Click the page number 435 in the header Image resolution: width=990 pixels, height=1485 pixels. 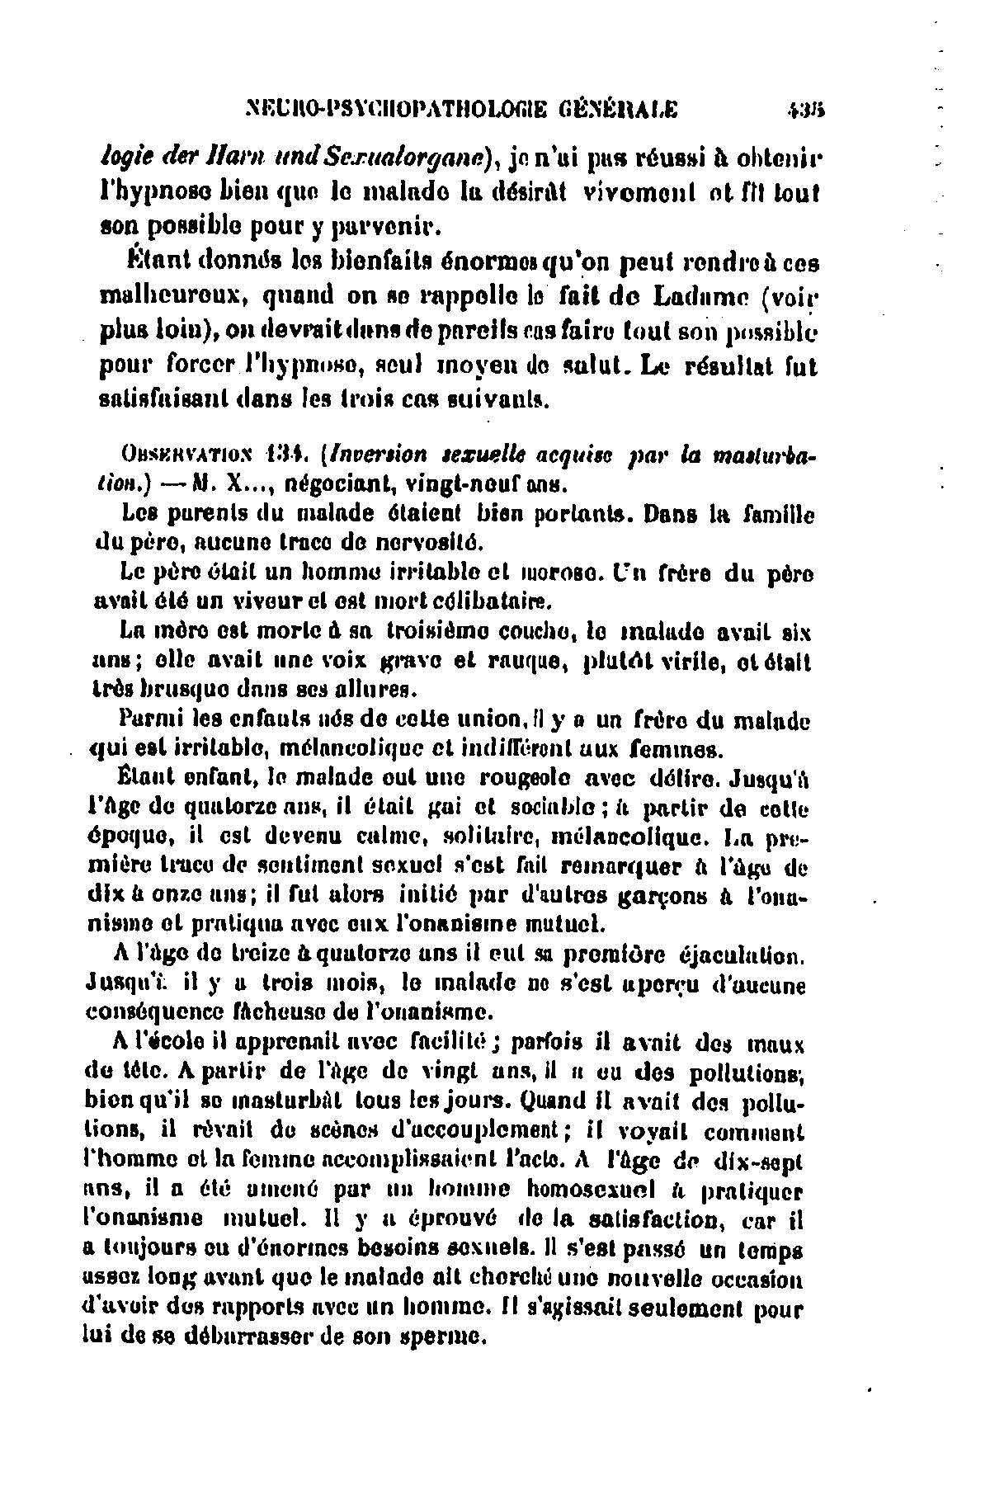[x=797, y=108]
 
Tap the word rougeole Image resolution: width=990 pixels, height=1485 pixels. [x=517, y=779]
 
